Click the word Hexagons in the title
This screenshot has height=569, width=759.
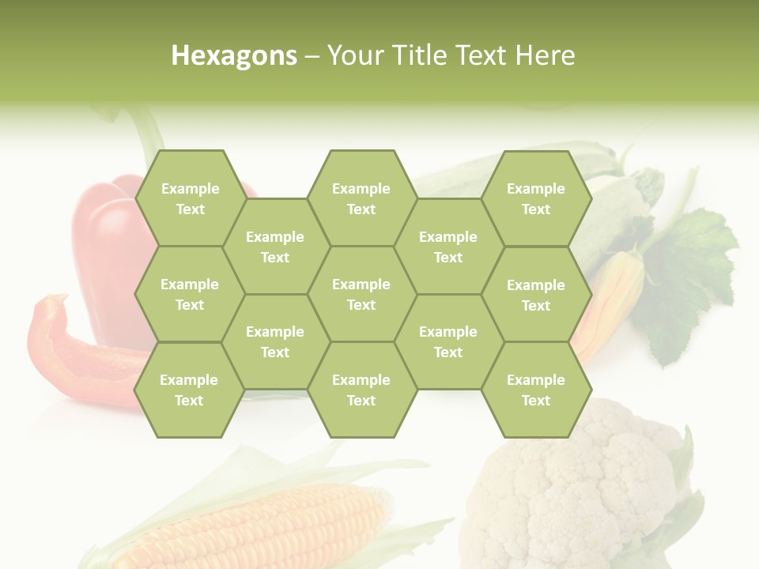[x=234, y=55]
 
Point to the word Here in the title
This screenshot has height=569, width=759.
[x=545, y=55]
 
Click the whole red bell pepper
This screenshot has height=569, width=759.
[x=107, y=245]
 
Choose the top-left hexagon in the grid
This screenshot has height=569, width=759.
[x=190, y=198]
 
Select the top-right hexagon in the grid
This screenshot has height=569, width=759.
[x=536, y=198]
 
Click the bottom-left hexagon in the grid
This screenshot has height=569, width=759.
[x=189, y=390]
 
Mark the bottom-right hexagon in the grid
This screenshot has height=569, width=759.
[x=536, y=390]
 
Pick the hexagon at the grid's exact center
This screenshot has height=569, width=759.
[x=361, y=294]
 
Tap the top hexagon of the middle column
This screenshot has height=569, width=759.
[x=361, y=198]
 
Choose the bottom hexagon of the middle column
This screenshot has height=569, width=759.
[x=361, y=390]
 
